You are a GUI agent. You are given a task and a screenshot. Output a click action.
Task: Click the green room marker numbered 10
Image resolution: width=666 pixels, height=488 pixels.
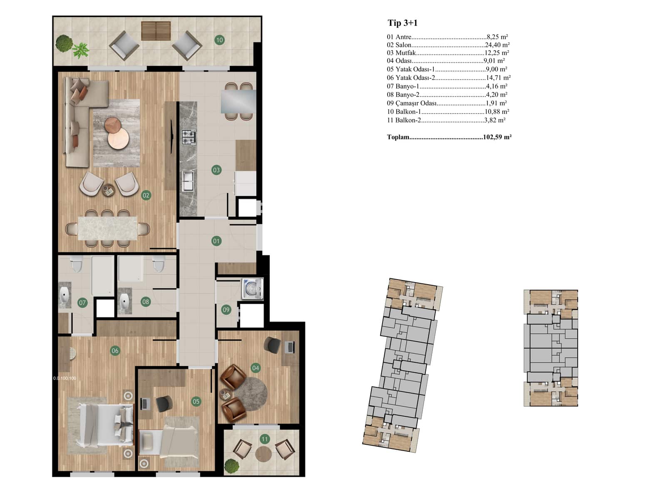[x=219, y=40]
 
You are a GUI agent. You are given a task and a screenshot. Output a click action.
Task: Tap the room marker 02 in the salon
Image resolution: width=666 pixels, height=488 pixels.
[x=146, y=195]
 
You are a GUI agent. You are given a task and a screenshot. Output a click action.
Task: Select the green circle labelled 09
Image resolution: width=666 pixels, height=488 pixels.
[x=226, y=310]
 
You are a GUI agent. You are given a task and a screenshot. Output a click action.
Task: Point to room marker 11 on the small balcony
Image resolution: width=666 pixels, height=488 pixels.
[x=265, y=439]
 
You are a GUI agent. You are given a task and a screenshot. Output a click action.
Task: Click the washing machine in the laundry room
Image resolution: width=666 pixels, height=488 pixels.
[x=252, y=288]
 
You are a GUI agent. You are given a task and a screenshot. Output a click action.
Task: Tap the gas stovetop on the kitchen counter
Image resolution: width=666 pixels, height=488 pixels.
[x=189, y=137]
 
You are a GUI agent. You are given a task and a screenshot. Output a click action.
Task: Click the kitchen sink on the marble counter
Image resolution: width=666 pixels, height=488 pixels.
[x=188, y=181]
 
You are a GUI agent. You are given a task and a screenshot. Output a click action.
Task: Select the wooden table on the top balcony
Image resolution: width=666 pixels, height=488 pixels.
[x=156, y=31]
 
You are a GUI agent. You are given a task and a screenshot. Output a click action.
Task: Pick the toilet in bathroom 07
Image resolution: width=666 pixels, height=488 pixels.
[x=77, y=264]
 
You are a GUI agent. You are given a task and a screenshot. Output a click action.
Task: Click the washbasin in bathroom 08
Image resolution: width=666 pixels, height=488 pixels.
[x=124, y=301]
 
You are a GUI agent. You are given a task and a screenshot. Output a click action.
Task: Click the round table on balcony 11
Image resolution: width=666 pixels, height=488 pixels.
[x=263, y=454]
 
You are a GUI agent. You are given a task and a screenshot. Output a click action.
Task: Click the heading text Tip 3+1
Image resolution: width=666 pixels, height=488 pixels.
[x=403, y=23]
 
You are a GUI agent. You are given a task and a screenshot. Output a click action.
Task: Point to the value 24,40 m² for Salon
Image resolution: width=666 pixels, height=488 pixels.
[x=497, y=45]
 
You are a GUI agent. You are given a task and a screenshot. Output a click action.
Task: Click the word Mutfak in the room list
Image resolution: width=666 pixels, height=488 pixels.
[x=405, y=53]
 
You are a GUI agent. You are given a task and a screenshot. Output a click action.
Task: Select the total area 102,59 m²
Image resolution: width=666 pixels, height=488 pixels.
[x=497, y=137]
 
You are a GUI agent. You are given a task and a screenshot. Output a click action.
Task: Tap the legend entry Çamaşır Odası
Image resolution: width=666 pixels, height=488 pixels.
[x=416, y=104]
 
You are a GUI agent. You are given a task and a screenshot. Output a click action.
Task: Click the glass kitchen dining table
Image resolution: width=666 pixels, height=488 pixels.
[x=239, y=102]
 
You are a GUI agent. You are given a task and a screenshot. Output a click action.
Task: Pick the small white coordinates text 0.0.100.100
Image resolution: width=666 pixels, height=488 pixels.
[x=65, y=378]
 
